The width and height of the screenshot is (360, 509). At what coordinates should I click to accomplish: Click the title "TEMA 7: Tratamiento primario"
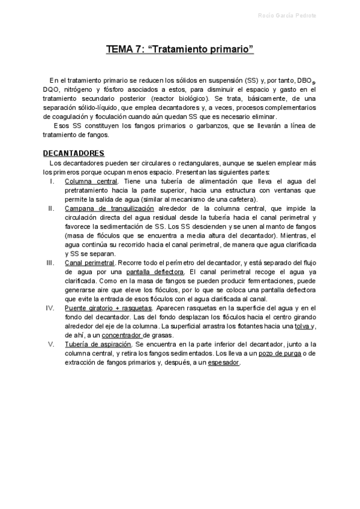[180, 49]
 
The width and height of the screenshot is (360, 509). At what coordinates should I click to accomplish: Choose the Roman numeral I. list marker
[52, 181]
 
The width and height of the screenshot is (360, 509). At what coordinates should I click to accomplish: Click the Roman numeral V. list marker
[52, 344]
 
